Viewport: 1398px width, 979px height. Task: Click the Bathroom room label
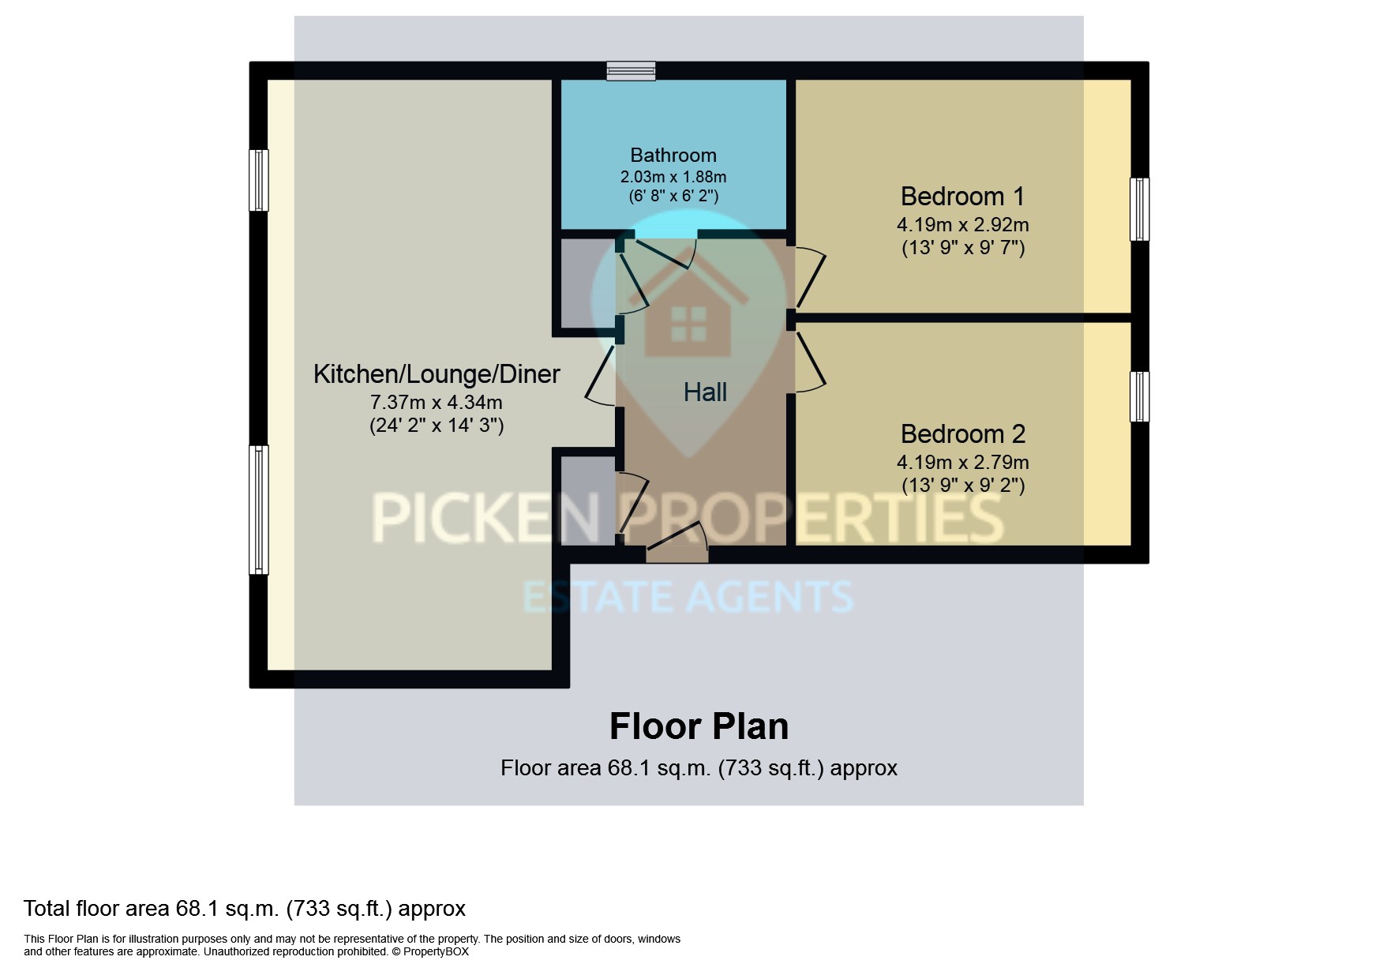(673, 156)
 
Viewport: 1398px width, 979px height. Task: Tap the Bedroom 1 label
(962, 196)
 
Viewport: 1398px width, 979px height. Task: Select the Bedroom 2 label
(962, 433)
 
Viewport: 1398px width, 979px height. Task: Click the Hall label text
(704, 392)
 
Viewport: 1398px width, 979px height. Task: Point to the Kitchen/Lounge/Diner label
(437, 373)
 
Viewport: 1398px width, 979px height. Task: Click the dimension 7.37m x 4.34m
(437, 403)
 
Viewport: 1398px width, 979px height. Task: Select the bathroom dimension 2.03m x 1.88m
(673, 177)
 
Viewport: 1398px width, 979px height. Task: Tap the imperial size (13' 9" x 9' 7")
(962, 248)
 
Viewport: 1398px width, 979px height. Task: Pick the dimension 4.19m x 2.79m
(962, 462)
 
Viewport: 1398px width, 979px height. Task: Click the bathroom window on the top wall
(631, 71)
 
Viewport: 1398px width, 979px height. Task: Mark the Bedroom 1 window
(1139, 209)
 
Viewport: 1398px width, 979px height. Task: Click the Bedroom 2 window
(1139, 396)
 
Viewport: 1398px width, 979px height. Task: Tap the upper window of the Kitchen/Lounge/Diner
(259, 180)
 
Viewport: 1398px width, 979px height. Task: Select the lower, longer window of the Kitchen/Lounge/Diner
(259, 509)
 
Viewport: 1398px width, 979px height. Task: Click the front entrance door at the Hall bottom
(677, 545)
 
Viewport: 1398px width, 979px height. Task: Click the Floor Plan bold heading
(699, 726)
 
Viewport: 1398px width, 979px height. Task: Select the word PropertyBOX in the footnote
(436, 951)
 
